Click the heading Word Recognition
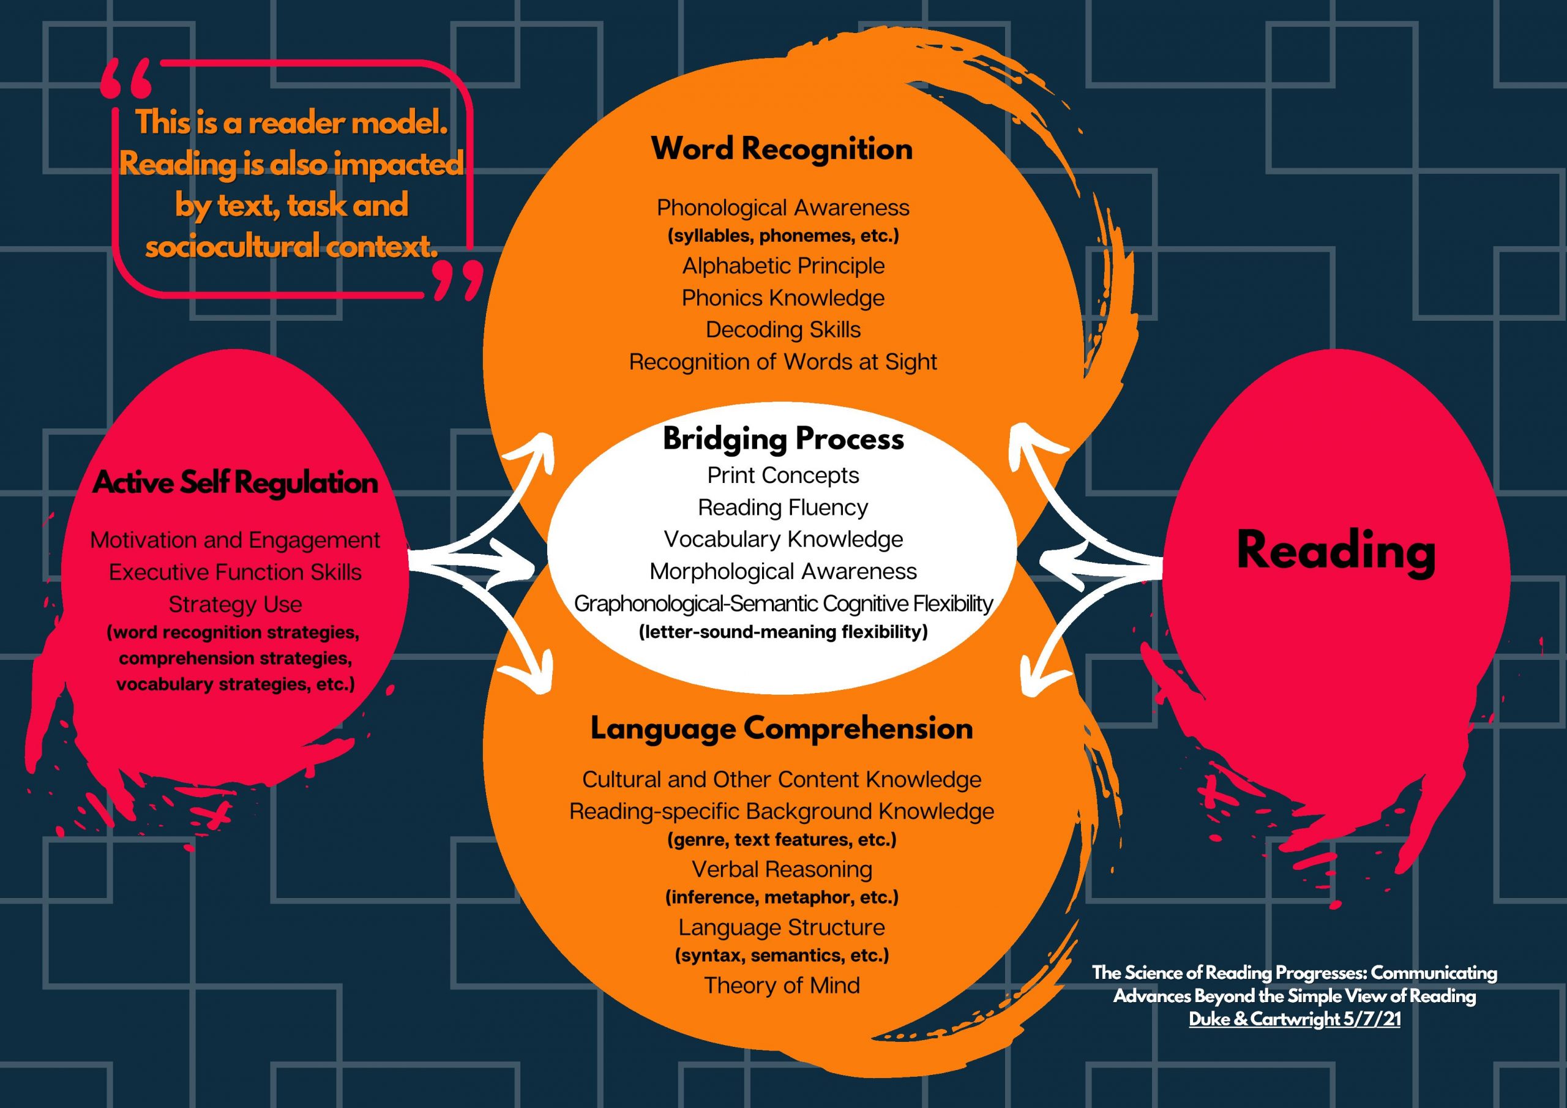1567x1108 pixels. (x=782, y=149)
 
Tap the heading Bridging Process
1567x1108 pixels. (x=783, y=439)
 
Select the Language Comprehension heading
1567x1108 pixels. (x=782, y=728)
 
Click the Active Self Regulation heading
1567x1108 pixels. (x=235, y=482)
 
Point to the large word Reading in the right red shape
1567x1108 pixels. (x=1336, y=551)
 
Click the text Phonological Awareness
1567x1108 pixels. (x=783, y=208)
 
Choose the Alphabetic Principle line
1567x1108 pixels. (x=783, y=266)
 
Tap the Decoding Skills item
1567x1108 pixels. (x=783, y=330)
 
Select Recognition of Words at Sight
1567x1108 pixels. (x=783, y=362)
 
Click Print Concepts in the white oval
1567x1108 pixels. (x=783, y=475)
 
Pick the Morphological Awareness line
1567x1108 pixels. (x=783, y=571)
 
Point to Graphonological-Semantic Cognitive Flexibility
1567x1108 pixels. (x=783, y=604)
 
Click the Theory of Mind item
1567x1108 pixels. (x=782, y=985)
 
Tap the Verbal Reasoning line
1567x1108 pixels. (x=782, y=869)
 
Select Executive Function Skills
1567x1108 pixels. (x=235, y=572)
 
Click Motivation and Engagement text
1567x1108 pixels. (x=235, y=540)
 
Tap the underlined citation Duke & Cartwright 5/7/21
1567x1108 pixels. (x=1294, y=1019)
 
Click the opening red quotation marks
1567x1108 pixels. (x=126, y=78)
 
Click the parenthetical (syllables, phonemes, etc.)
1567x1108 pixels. (x=783, y=236)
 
